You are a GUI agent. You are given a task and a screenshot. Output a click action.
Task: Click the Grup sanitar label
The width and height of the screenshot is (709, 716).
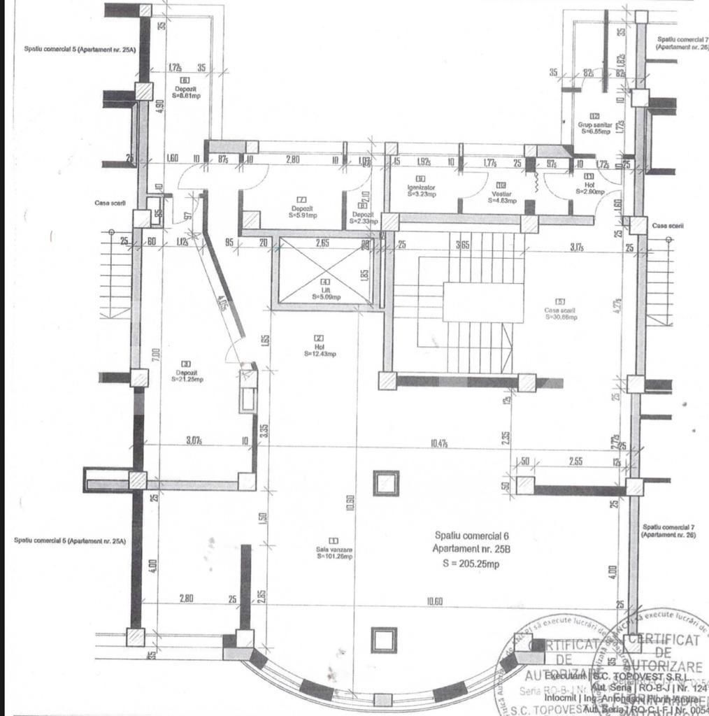tap(594, 127)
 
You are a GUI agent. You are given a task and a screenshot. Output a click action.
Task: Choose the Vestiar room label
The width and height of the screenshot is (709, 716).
tap(501, 196)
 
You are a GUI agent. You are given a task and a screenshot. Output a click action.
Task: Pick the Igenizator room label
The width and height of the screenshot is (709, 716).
tap(422, 190)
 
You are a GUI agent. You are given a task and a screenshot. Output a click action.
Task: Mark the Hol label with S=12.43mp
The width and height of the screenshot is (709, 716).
tap(320, 350)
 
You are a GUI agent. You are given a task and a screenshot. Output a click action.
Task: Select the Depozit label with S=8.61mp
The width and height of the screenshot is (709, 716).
tap(185, 92)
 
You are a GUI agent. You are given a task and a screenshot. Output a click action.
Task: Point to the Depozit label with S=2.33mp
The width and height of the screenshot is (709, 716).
tap(362, 217)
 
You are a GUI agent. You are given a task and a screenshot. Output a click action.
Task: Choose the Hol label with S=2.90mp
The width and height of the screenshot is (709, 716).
tap(589, 187)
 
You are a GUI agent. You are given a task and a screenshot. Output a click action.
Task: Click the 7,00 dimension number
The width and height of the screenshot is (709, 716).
tap(157, 354)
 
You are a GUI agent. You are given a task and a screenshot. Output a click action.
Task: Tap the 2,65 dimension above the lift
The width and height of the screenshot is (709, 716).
tap(322, 243)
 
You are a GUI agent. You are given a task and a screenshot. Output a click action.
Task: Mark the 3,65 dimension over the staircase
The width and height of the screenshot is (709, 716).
tap(462, 245)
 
